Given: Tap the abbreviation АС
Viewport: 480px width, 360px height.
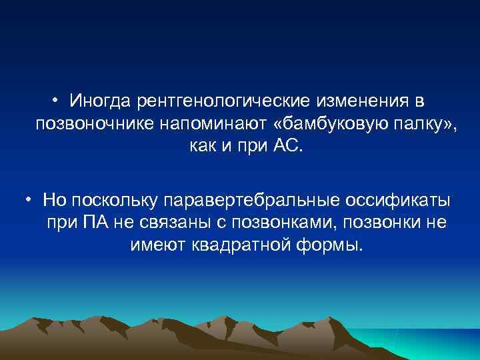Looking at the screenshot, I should click(289, 145).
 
